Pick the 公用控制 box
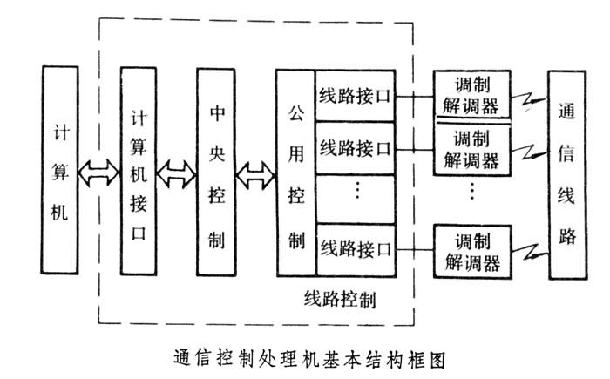295,173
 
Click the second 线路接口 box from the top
354,147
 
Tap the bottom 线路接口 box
354,247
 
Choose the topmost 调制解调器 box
471,97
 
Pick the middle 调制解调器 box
471,149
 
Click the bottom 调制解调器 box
471,251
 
